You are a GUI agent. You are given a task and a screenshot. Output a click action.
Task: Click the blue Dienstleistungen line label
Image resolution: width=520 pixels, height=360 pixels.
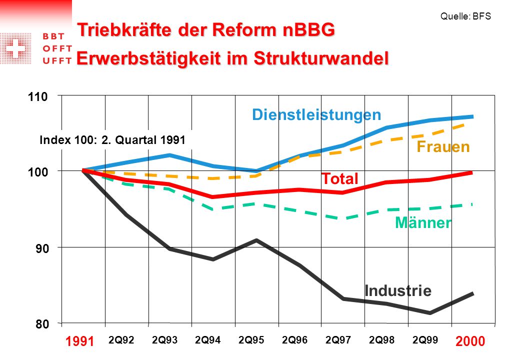point(316,115)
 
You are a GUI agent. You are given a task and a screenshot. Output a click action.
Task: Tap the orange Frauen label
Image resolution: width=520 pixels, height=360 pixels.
point(443,146)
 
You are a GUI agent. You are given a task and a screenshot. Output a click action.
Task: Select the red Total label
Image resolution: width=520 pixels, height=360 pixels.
point(340,178)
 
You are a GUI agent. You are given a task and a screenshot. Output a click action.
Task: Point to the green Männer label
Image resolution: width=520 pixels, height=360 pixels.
point(423,222)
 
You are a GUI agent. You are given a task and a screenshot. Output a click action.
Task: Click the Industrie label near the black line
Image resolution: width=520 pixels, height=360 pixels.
point(398,290)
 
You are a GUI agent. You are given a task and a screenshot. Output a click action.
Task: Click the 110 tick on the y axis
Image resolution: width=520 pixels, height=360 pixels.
point(38,97)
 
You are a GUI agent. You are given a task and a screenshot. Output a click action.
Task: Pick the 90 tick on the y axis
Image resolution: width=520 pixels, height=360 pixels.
point(42,248)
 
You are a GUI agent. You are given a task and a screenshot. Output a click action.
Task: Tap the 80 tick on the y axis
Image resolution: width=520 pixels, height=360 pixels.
point(42,324)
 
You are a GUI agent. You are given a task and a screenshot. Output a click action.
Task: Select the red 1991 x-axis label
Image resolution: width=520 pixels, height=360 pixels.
point(79,341)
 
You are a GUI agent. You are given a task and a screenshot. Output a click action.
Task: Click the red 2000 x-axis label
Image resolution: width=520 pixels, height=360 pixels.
point(470,341)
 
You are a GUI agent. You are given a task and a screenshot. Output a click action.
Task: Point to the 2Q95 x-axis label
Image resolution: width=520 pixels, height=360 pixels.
point(251,340)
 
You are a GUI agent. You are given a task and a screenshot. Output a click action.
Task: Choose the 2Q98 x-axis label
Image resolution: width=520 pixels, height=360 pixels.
point(381,340)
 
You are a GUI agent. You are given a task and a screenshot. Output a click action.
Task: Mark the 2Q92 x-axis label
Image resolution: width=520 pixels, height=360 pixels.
point(121,340)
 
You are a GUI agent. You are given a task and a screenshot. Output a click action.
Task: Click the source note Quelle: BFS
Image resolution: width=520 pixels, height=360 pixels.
point(465,16)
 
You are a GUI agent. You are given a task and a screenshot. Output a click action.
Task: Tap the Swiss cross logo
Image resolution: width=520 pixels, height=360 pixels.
point(15,48)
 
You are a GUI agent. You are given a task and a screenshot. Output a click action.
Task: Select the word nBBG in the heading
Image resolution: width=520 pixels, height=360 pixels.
point(309,30)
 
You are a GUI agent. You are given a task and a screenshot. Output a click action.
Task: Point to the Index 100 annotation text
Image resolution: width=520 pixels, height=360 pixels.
point(112,140)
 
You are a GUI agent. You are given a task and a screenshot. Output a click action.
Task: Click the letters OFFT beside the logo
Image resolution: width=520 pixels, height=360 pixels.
point(57,48)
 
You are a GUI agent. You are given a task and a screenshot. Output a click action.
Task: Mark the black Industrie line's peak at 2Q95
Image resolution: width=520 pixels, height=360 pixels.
point(256,239)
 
